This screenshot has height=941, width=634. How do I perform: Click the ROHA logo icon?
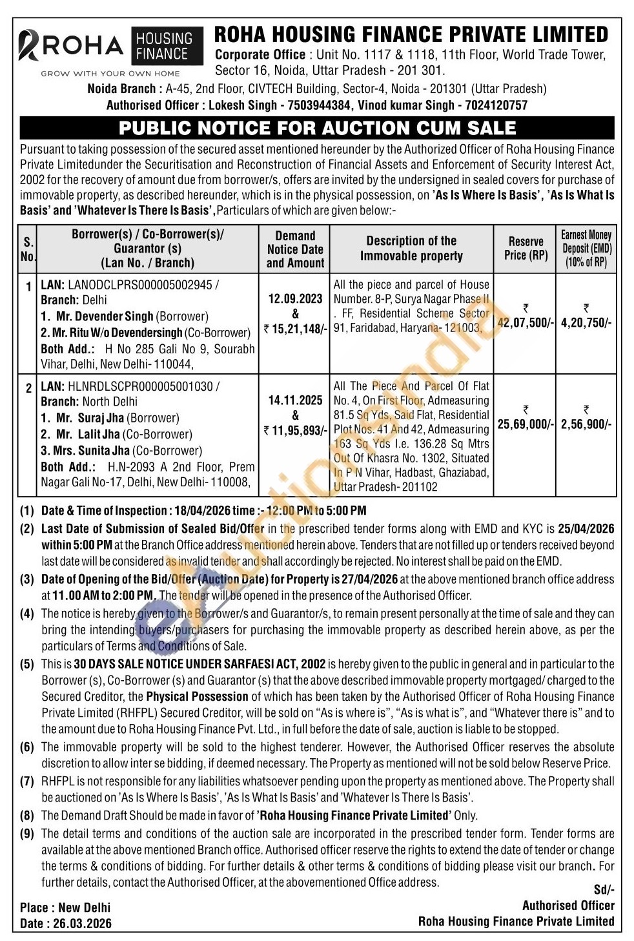[x=30, y=46]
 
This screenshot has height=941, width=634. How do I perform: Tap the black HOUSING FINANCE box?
[x=164, y=47]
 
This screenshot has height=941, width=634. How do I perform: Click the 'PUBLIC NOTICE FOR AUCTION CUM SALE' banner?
[x=317, y=128]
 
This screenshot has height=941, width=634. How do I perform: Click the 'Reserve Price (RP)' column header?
[x=526, y=248]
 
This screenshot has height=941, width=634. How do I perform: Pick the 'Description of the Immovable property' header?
[x=411, y=248]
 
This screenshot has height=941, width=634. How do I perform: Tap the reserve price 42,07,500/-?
[x=526, y=322]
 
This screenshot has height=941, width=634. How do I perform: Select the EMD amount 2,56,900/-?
[x=586, y=424]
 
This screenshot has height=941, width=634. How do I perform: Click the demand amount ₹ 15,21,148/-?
[x=296, y=329]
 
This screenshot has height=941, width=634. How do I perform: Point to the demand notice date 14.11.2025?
[x=295, y=400]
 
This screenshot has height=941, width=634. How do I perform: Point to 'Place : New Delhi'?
[x=65, y=907]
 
